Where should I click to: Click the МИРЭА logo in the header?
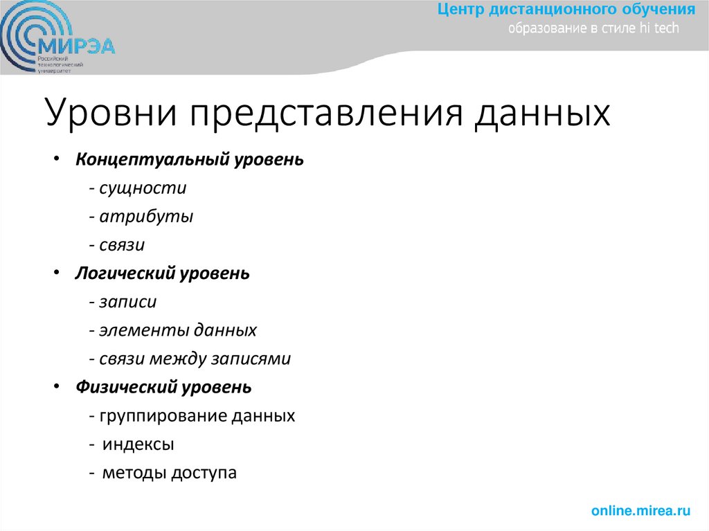click(x=58, y=42)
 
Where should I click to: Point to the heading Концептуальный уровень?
click(x=190, y=159)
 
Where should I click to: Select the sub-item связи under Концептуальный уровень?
click(x=121, y=245)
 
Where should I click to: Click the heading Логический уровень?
click(x=163, y=273)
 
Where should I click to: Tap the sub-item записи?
click(x=127, y=302)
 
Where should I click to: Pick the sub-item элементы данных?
click(x=177, y=330)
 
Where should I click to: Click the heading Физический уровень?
click(x=163, y=388)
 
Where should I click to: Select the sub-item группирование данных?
click(x=197, y=416)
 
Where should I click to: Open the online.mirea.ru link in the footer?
click(x=640, y=511)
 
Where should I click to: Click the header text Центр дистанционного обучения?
click(x=566, y=10)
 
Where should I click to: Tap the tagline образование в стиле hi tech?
click(x=594, y=28)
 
